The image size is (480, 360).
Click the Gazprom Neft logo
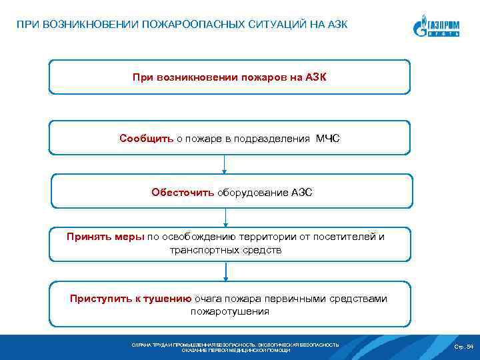tap(437, 27)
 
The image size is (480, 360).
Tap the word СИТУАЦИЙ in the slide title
tap(267, 25)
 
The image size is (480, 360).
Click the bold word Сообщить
tap(147, 139)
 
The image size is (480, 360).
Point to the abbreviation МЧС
tap(327, 139)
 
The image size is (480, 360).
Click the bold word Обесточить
tap(183, 193)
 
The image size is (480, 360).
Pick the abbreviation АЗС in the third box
tap(301, 193)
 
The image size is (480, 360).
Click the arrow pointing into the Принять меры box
tap(226, 218)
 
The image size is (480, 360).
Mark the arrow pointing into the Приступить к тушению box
tap(226, 271)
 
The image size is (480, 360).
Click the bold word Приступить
tap(98, 299)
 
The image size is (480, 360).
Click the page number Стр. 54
tap(463, 347)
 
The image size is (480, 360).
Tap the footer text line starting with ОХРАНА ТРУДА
tap(235, 345)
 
